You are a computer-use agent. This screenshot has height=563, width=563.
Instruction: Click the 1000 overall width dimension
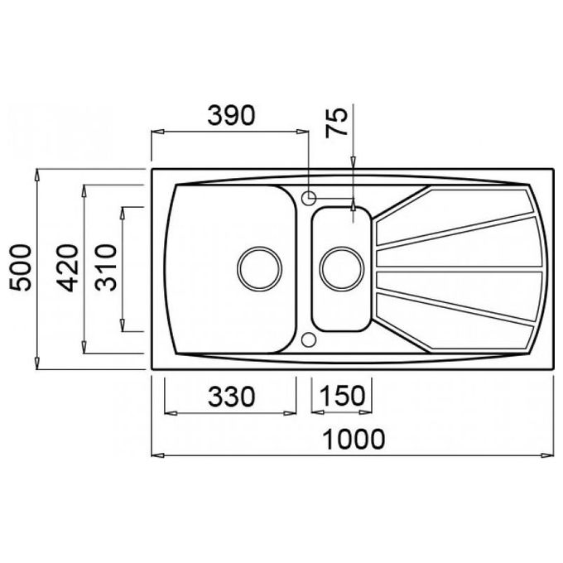click(354, 439)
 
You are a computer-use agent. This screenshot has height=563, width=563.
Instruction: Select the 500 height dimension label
click(21, 267)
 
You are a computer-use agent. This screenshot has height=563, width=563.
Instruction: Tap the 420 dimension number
click(67, 267)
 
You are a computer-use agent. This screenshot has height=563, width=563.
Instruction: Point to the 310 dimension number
click(106, 267)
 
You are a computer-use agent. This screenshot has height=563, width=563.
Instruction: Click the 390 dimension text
click(232, 116)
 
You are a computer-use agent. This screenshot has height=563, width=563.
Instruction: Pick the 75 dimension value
click(337, 123)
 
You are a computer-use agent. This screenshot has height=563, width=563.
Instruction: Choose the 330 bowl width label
click(232, 397)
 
